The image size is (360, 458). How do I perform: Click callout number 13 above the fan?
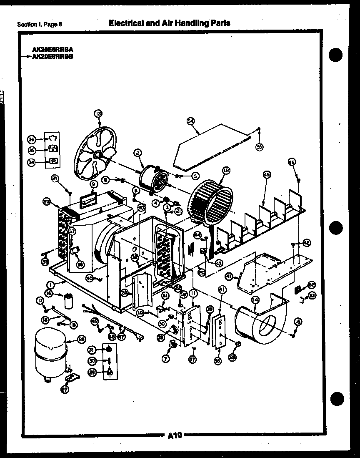(98, 113)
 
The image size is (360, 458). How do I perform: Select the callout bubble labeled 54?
(190, 121)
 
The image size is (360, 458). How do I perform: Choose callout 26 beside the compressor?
(81, 339)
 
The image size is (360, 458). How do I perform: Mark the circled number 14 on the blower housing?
(255, 300)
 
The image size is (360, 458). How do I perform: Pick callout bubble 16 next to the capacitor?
(49, 294)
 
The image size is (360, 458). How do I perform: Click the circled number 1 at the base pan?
(50, 285)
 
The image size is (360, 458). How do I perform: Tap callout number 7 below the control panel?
(166, 358)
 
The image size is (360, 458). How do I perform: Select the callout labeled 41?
(229, 276)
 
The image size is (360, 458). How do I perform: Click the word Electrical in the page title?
(124, 23)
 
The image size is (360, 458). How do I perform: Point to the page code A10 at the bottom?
(175, 436)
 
